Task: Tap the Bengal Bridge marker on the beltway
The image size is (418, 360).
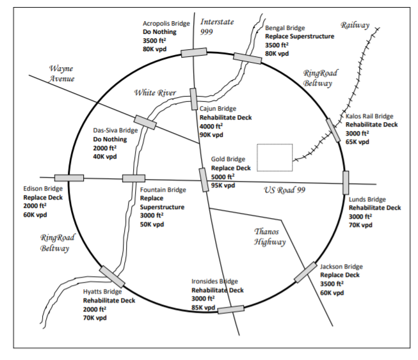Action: (247, 58)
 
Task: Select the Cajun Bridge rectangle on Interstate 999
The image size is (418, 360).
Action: (194, 99)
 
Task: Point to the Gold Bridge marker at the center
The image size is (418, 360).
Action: (204, 179)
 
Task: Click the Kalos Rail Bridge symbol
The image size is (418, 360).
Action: (333, 130)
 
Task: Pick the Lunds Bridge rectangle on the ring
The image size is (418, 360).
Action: (346, 182)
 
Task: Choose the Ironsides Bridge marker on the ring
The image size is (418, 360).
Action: (230, 309)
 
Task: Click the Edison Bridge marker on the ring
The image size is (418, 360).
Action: (69, 178)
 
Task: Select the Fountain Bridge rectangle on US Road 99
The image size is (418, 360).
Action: (134, 178)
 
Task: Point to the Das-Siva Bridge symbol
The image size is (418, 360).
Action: (145, 121)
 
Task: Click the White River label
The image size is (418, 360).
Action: (155, 93)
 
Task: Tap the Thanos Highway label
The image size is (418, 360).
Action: (269, 237)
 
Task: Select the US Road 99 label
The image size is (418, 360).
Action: (285, 190)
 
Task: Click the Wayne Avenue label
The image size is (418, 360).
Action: (62, 74)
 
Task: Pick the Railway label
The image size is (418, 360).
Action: (355, 25)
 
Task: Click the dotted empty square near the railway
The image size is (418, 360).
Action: (275, 158)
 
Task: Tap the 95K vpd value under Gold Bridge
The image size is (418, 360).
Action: (223, 185)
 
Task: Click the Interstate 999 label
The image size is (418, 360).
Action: (216, 26)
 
